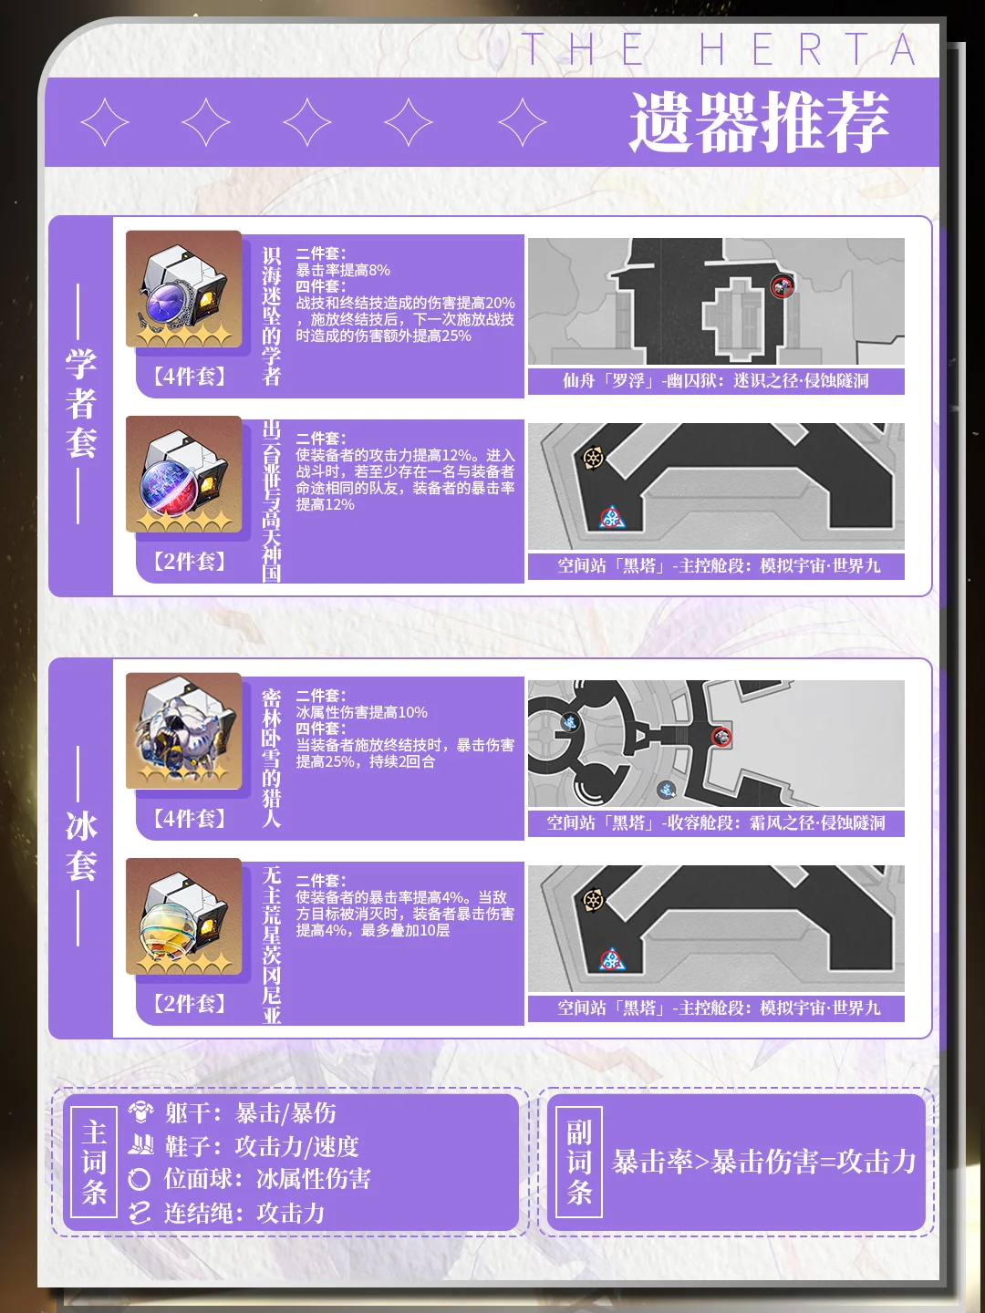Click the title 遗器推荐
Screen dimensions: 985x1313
759,122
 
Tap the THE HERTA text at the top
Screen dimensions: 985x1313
719,49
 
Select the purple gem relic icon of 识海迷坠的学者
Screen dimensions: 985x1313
183,289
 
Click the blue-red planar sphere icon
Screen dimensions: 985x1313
183,474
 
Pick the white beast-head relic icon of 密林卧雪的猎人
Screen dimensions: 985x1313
183,731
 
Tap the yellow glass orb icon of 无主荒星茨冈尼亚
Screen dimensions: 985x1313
183,916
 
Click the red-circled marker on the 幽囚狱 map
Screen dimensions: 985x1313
781,287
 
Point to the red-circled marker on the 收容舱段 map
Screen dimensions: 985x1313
721,737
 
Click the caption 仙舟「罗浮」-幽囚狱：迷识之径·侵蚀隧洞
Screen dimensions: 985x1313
716,381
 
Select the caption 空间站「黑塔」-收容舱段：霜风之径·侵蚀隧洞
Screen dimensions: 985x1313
716,823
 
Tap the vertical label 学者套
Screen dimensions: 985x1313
81,404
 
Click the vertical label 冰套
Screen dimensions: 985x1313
81,846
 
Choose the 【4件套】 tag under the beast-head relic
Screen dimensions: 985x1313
190,818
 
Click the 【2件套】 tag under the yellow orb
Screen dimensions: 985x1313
190,1003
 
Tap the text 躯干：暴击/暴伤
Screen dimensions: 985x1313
251,1113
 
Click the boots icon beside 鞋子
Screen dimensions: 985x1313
140,1145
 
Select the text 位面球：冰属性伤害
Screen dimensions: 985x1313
267,1179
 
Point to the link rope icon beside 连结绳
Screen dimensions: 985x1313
140,1213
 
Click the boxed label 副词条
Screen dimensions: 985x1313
579,1163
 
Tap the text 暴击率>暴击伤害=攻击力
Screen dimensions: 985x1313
763,1162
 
